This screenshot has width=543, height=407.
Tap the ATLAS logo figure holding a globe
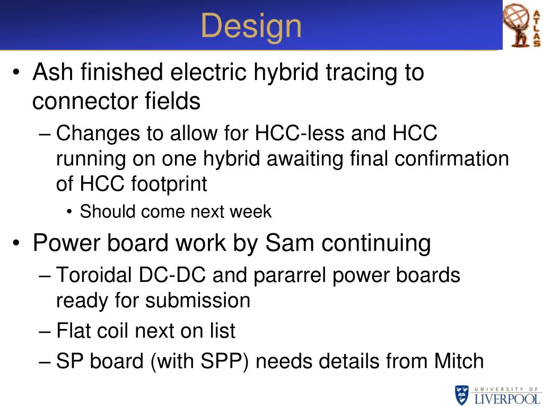click(517, 25)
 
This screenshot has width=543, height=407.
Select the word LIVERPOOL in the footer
click(507, 399)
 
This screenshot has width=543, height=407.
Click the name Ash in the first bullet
click(52, 72)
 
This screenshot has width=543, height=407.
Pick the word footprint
click(169, 184)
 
